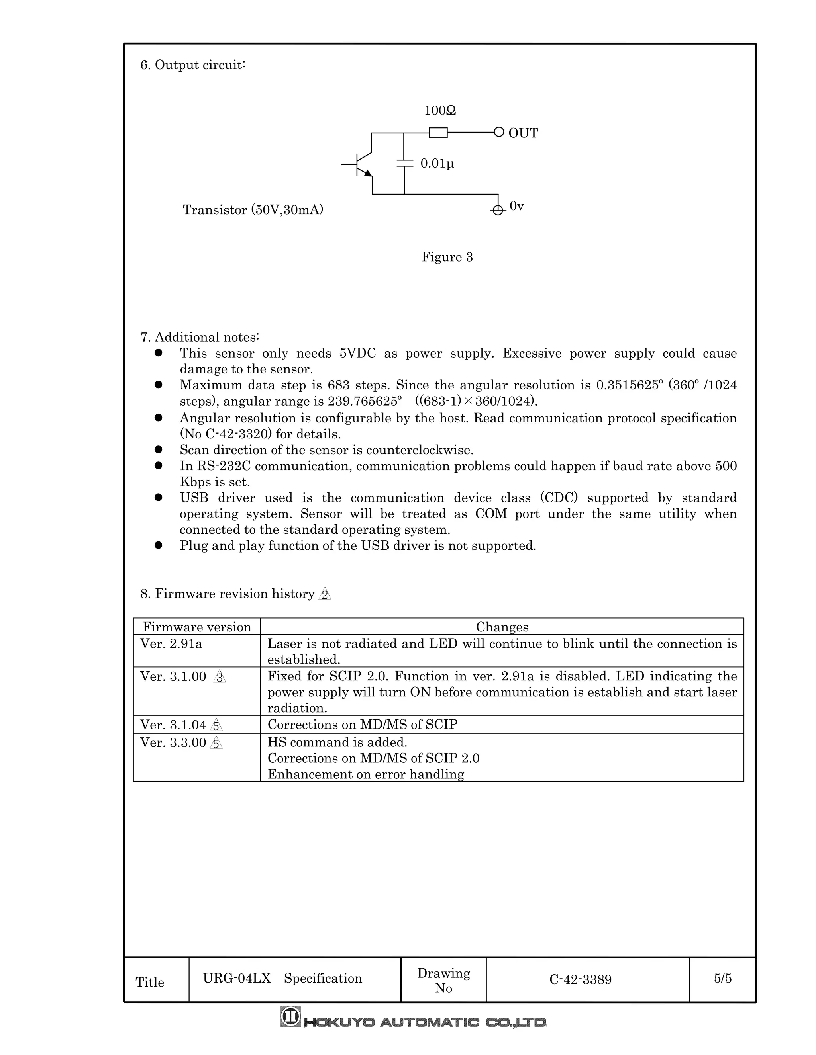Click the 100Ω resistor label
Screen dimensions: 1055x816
pyautogui.click(x=440, y=111)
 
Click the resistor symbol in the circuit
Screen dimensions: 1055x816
pyautogui.click(x=438, y=132)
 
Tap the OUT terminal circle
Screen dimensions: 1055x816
pyautogui.click(x=499, y=132)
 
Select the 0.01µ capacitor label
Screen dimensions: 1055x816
pyautogui.click(x=437, y=164)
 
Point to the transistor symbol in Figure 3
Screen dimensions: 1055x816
pyautogui.click(x=362, y=165)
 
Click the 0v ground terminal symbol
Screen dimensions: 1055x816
pyautogui.click(x=497, y=210)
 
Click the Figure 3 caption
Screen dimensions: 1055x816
pyautogui.click(x=447, y=257)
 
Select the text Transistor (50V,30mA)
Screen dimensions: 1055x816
pyautogui.click(x=253, y=210)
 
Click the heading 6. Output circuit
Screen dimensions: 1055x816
pyautogui.click(x=193, y=65)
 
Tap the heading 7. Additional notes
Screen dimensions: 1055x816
pyautogui.click(x=200, y=337)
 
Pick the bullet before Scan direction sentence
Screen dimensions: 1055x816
pyautogui.click(x=158, y=450)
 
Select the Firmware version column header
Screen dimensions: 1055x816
pyautogui.click(x=197, y=627)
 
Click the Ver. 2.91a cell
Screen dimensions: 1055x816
pyautogui.click(x=171, y=644)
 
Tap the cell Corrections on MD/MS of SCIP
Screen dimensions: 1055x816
pyautogui.click(x=362, y=725)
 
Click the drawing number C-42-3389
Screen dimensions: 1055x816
pyautogui.click(x=580, y=980)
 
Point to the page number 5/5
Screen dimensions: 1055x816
pyautogui.click(x=722, y=979)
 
